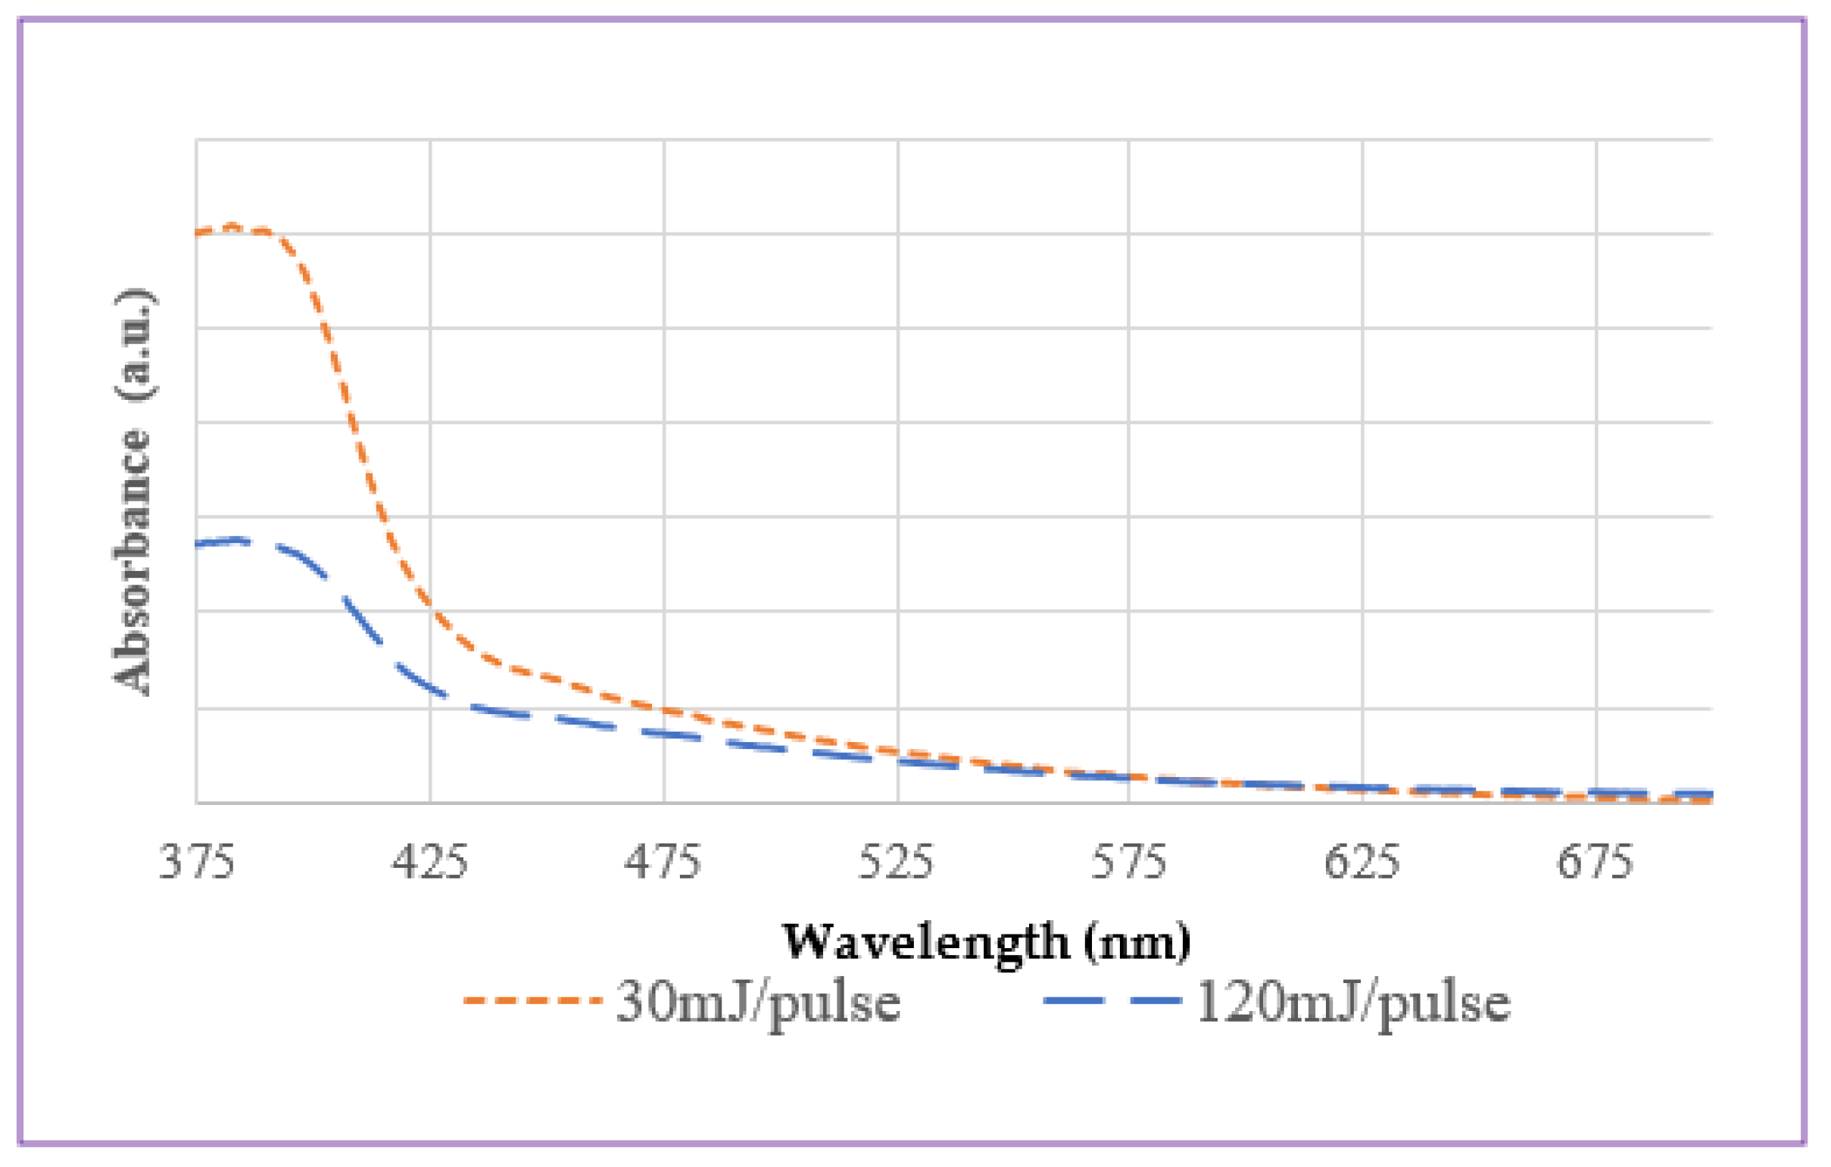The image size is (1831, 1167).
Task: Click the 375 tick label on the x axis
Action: point(197,863)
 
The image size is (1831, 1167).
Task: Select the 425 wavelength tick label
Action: point(429,863)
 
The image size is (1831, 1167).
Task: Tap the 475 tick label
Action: point(663,863)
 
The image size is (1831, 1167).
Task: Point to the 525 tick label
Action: point(896,863)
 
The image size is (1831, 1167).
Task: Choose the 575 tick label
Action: point(1128,863)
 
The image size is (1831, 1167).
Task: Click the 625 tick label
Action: point(1362,863)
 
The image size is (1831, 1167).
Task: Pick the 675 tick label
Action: point(1595,863)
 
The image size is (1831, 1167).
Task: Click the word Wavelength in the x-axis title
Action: point(926,944)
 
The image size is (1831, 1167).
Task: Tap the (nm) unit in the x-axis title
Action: point(1137,944)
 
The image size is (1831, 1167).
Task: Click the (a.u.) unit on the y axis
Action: point(136,344)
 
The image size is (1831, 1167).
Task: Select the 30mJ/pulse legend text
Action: point(758,1002)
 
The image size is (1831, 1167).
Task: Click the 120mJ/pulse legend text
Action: point(1353,1002)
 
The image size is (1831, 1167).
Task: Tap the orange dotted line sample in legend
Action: point(532,1000)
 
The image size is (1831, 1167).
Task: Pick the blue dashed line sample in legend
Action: point(1112,1000)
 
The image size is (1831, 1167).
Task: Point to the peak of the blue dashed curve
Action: point(237,539)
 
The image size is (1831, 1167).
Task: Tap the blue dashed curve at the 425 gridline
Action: point(430,689)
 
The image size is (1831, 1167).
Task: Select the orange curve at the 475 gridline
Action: point(664,710)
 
